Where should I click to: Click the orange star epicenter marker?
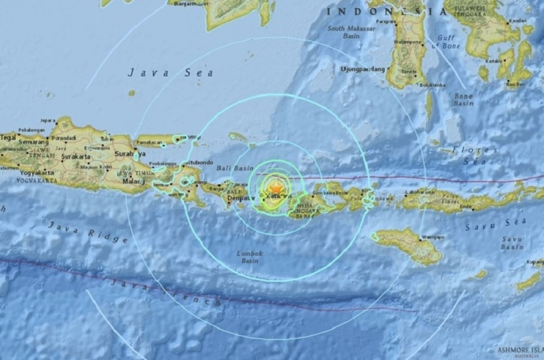[276, 188]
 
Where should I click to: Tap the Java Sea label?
[171, 72]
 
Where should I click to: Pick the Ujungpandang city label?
[362, 69]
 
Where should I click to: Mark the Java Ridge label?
[87, 231]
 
